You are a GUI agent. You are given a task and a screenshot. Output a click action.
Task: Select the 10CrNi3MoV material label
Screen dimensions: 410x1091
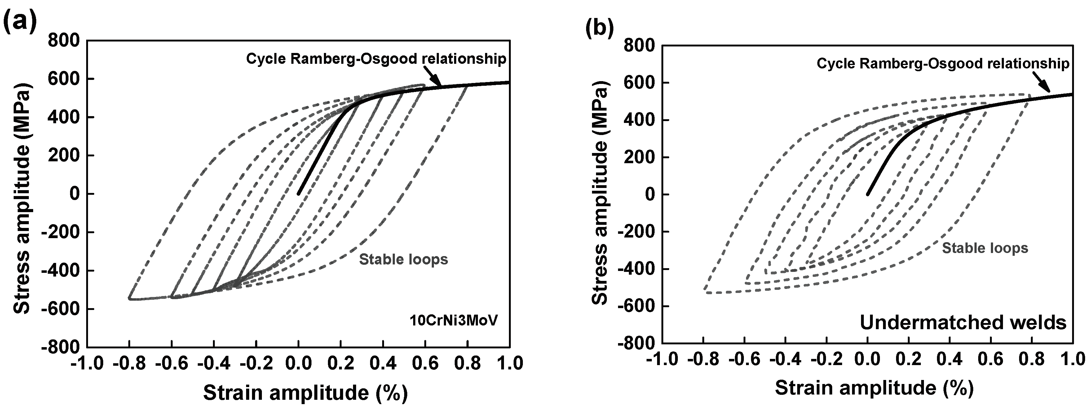[x=453, y=320]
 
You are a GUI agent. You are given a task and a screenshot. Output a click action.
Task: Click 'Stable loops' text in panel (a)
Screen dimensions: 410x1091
[x=403, y=259]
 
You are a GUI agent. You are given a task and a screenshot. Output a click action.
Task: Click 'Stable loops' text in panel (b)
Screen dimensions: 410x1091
[x=985, y=248]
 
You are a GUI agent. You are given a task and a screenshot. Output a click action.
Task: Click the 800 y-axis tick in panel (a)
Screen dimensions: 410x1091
[x=64, y=41]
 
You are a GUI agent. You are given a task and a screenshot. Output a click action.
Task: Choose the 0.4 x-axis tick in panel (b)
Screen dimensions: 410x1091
[x=950, y=359]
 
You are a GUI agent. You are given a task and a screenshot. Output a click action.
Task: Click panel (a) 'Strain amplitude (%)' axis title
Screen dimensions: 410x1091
[x=305, y=393]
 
